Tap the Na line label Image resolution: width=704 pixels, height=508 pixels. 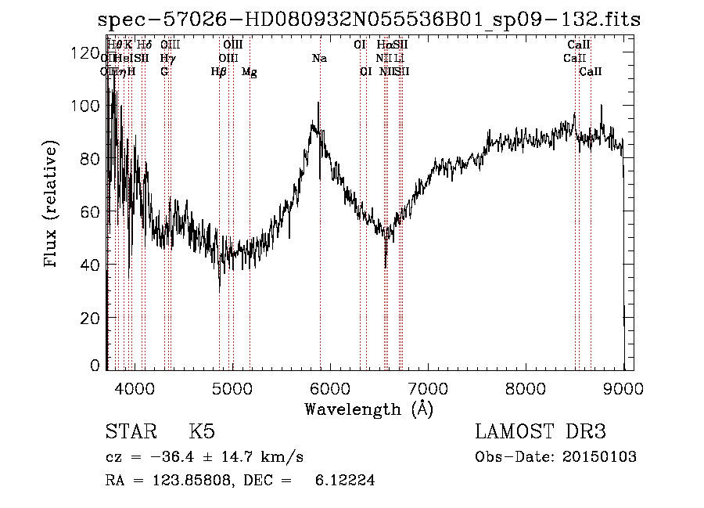[x=319, y=59]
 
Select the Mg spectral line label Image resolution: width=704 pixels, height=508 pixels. [x=249, y=72]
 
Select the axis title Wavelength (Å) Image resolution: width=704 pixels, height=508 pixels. [x=368, y=409]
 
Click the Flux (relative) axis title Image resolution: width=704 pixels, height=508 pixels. [x=52, y=205]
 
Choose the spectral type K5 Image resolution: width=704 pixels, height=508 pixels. [x=202, y=432]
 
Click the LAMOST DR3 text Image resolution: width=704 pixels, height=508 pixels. [x=541, y=432]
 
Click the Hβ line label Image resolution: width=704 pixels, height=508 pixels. [x=219, y=72]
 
